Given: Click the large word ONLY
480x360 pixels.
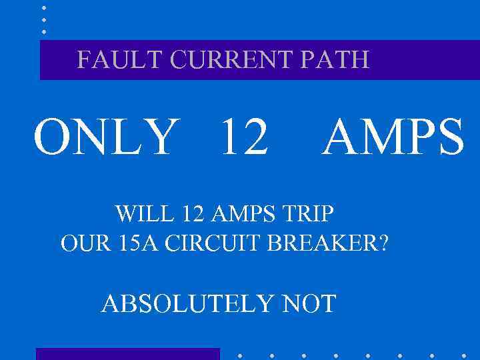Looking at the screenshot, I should [x=107, y=138].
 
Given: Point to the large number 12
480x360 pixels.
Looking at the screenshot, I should [x=244, y=138].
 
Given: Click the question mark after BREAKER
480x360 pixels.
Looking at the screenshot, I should [x=382, y=243].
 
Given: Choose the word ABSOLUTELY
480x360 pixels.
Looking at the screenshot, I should [x=187, y=304].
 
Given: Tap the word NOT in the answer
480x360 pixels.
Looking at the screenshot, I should [x=309, y=304].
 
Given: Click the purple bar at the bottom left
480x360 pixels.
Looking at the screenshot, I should [x=127, y=354].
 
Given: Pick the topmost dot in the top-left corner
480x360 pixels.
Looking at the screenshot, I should [x=44, y=7].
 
